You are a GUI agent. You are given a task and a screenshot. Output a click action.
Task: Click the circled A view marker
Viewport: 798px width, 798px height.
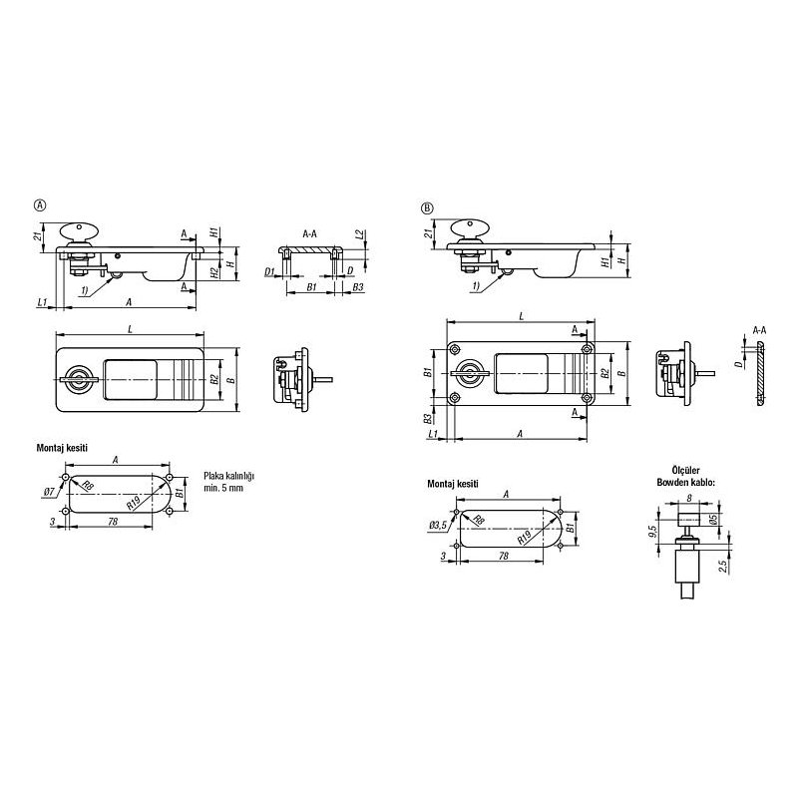(40, 205)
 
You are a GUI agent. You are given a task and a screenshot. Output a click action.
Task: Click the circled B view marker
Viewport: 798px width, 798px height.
(427, 208)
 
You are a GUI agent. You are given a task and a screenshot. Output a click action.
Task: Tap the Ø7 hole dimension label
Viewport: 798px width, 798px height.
(50, 492)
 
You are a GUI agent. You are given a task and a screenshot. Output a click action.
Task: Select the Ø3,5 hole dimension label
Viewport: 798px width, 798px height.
(438, 526)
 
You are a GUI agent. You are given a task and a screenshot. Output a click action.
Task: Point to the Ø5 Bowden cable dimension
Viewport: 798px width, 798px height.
(714, 520)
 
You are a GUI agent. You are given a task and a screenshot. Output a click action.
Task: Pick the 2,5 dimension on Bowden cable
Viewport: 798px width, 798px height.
(723, 566)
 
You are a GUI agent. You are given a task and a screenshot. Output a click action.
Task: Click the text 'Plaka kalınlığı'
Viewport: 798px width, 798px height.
(228, 477)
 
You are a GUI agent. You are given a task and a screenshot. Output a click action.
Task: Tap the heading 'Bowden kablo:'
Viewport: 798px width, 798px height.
(685, 482)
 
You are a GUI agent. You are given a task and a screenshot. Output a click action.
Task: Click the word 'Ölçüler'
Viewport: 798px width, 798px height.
(685, 471)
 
